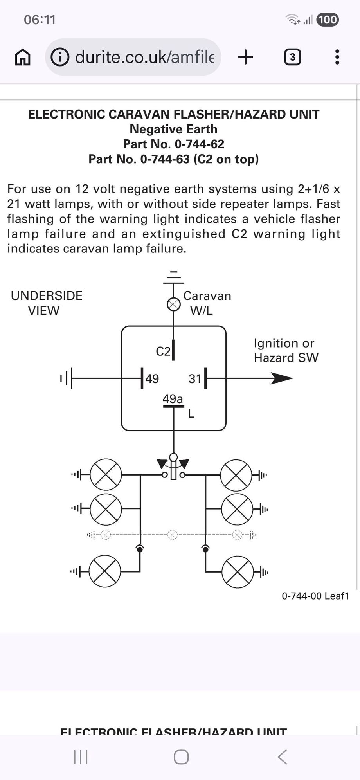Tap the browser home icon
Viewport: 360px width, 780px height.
pyautogui.click(x=22, y=57)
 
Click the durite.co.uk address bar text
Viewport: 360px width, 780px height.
pyautogui.click(x=144, y=57)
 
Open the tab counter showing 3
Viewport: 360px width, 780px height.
pyautogui.click(x=292, y=57)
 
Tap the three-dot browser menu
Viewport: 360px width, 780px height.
pyautogui.click(x=337, y=57)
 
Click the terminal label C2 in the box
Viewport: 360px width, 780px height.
pyautogui.click(x=163, y=351)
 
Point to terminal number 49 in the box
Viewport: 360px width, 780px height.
pyautogui.click(x=152, y=378)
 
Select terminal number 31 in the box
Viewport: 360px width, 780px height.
pyautogui.click(x=195, y=378)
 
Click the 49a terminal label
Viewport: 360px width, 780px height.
pyautogui.click(x=173, y=399)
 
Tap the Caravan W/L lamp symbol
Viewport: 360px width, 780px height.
pyautogui.click(x=174, y=304)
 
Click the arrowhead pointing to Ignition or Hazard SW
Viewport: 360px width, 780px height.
pyautogui.click(x=282, y=378)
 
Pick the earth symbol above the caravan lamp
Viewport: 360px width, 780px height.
pyautogui.click(x=174, y=277)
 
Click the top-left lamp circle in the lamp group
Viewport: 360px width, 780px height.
pyautogui.click(x=106, y=475)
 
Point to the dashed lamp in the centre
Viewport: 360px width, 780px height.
pyautogui.click(x=173, y=535)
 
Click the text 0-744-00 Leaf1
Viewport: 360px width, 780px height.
pyautogui.click(x=315, y=596)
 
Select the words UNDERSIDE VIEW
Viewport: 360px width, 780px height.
pyautogui.click(x=46, y=303)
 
